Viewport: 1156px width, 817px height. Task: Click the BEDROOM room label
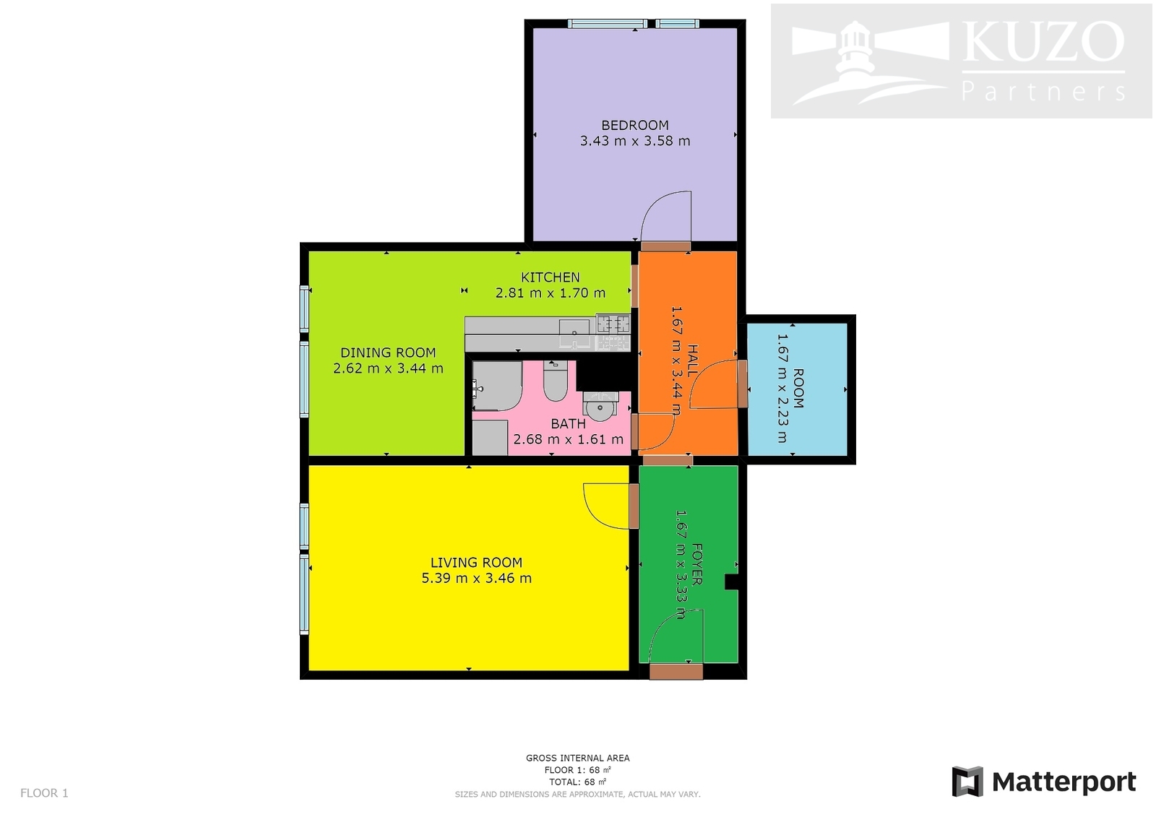[635, 126]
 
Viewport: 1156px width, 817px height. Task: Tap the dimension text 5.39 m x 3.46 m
[476, 578]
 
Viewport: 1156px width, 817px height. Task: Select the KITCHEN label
[550, 277]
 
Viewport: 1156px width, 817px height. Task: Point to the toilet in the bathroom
[556, 381]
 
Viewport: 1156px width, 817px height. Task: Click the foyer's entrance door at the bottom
[676, 672]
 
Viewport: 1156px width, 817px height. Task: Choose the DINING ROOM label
[388, 353]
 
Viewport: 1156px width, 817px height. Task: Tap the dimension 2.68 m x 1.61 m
[568, 439]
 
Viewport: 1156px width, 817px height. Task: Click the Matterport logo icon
[967, 782]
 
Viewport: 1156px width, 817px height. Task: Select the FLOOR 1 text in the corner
[44, 792]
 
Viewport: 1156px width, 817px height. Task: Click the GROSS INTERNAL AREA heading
[577, 758]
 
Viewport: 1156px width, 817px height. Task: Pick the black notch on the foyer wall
[732, 582]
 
